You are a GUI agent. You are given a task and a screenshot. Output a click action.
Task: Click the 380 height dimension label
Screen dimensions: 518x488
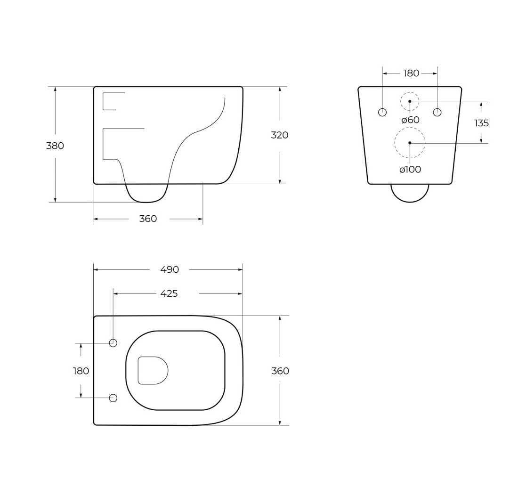click(55, 146)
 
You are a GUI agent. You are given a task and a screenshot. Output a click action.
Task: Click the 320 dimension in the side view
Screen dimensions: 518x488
click(279, 135)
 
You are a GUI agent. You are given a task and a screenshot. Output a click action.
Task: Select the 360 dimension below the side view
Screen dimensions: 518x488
click(148, 219)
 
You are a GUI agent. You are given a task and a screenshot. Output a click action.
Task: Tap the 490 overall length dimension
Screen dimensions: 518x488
click(170, 269)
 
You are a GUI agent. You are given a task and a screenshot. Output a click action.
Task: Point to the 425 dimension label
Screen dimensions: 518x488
click(169, 293)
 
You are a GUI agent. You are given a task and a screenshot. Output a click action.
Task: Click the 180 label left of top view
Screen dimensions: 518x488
click(81, 371)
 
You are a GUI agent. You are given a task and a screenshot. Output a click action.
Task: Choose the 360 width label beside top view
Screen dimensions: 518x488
click(280, 371)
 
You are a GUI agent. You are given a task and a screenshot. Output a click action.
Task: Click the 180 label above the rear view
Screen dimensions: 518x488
click(411, 73)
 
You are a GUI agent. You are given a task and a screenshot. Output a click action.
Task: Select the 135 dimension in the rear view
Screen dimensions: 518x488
click(481, 123)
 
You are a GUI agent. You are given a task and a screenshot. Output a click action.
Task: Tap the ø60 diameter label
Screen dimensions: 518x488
click(410, 120)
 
